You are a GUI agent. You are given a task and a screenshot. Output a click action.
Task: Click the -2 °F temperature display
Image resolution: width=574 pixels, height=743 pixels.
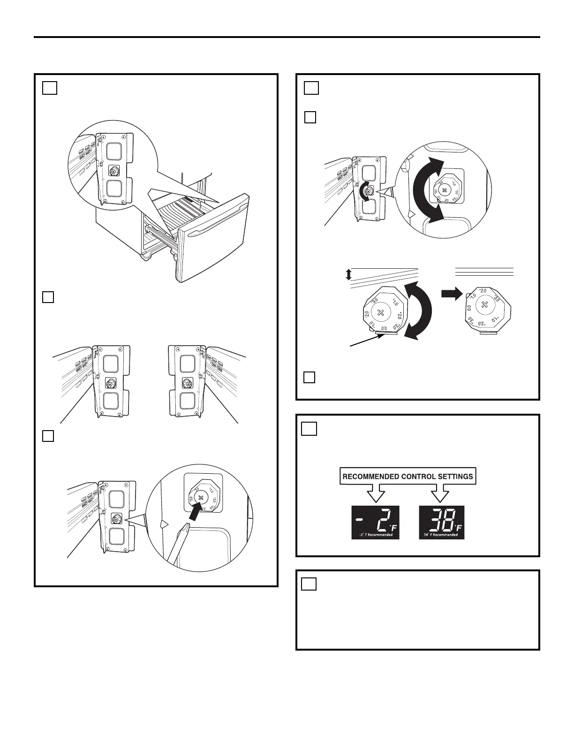tap(375, 522)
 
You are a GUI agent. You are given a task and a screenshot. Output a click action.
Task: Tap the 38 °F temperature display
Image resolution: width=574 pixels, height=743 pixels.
tap(441, 522)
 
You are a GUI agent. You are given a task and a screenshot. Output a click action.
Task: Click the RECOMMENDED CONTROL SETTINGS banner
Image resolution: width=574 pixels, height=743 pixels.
tap(408, 477)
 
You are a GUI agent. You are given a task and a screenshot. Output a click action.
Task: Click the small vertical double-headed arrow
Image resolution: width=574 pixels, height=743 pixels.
tap(348, 274)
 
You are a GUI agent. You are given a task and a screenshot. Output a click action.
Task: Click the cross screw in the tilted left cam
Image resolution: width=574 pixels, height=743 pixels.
tap(381, 312)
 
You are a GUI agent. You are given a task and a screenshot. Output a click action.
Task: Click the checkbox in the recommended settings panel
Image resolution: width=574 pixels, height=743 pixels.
tap(309, 429)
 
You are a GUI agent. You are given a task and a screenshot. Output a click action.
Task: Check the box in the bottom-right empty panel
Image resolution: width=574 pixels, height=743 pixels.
tap(309, 584)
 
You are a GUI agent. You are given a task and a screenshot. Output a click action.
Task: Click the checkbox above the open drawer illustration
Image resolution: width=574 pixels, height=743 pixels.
tap(50, 88)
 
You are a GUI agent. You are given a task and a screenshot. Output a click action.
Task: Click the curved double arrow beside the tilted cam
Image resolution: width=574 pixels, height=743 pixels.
tap(418, 310)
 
